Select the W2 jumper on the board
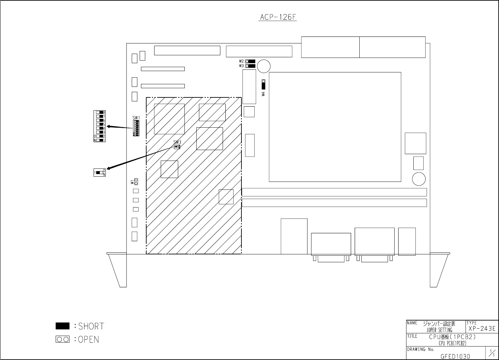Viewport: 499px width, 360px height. (250, 61)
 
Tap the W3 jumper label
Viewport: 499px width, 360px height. (241, 66)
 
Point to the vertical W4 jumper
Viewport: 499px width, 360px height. (263, 84)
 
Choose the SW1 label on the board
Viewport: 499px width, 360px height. (136, 118)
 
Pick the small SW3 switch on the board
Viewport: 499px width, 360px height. (177, 146)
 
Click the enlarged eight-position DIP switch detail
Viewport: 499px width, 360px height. (99, 126)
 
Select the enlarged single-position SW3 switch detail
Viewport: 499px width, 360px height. (99, 172)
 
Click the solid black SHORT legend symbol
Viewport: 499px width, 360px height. (63, 326)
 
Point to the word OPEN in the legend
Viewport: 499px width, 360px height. (88, 339)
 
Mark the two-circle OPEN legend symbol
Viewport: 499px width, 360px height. (63, 339)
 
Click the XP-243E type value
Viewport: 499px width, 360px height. (482, 328)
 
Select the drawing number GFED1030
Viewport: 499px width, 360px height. (455, 356)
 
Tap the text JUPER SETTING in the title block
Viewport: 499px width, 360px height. (439, 330)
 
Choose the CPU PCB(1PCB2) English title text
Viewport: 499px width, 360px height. (452, 344)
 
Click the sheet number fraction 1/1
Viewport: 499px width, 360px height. (491, 354)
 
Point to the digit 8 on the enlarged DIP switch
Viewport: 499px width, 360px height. (104, 113)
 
